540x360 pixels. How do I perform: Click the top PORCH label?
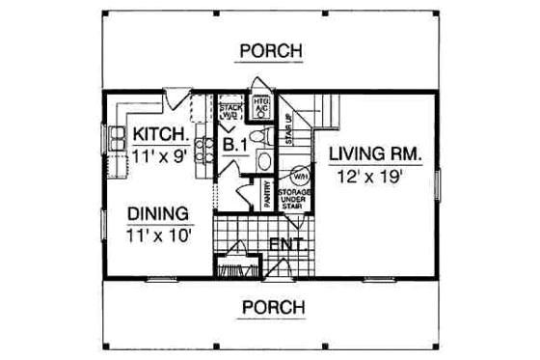pyautogui.click(x=270, y=50)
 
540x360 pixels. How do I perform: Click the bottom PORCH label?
pyautogui.click(x=270, y=307)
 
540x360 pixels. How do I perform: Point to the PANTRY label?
pyautogui.click(x=269, y=194)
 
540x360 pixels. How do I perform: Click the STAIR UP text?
pyautogui.click(x=288, y=133)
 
